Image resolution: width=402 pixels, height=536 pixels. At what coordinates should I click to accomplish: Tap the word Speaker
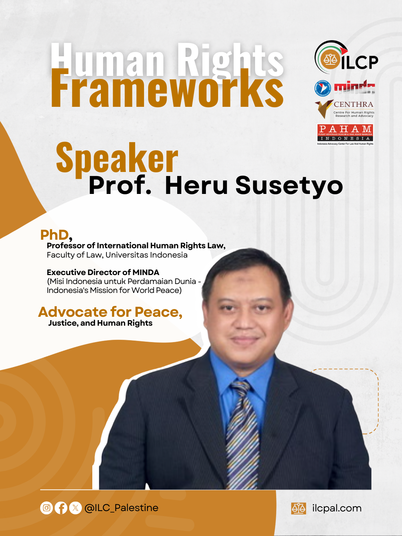tap(117, 158)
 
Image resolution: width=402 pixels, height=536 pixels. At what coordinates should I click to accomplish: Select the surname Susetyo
tap(289, 185)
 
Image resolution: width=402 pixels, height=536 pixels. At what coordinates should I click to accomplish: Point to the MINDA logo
tap(345, 88)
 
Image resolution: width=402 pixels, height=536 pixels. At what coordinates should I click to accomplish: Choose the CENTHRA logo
tap(345, 109)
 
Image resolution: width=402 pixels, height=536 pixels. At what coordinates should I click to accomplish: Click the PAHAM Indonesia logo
tap(345, 134)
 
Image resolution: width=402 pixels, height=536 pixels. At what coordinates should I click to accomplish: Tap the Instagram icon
tap(47, 508)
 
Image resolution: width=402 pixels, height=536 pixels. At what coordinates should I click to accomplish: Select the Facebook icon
tap(61, 508)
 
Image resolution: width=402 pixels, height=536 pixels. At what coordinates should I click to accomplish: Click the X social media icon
tap(76, 508)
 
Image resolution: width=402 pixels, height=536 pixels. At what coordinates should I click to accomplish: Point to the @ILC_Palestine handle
tap(121, 508)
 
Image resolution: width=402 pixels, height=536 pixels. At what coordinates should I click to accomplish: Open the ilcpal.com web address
tap(337, 508)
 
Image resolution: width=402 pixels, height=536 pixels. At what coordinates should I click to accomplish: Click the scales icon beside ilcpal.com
tap(299, 508)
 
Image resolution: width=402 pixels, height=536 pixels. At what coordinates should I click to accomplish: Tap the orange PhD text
tap(55, 235)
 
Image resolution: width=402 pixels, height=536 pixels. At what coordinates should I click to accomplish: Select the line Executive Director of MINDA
tap(103, 272)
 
